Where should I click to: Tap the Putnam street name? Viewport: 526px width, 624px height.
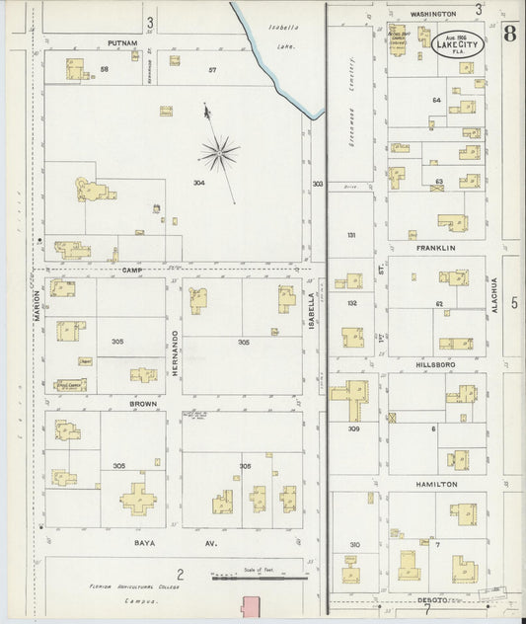point(122,43)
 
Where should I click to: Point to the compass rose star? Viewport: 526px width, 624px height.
point(218,152)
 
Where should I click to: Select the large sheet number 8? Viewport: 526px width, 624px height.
point(508,34)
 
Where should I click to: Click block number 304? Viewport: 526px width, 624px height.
point(199,183)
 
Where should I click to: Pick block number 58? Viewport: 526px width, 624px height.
point(104,69)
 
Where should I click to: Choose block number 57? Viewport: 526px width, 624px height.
point(212,69)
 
